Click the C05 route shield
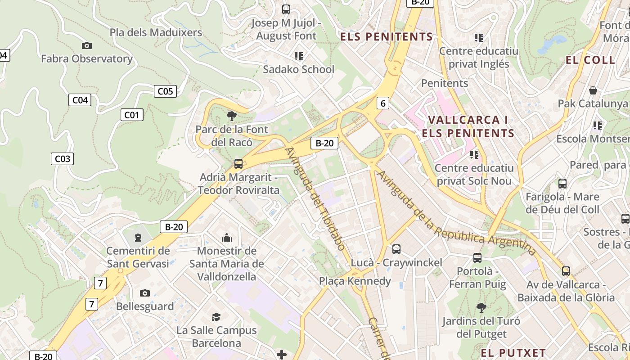165,91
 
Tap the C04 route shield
80,100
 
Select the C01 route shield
132,115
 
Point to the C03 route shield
62,158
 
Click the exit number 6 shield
382,103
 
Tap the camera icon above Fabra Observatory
87,45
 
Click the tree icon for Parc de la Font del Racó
232,116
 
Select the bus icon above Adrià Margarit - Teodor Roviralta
238,164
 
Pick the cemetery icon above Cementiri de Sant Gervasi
138,237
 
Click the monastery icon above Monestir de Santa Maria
227,237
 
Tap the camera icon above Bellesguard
144,293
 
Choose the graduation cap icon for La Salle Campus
216,317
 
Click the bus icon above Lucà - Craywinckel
396,249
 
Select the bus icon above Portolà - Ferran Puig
477,258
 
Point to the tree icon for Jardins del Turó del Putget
481,308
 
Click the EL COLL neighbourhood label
590,60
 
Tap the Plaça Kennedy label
355,281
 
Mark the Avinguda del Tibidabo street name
315,198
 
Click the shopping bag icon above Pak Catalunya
593,90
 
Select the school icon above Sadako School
299,56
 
